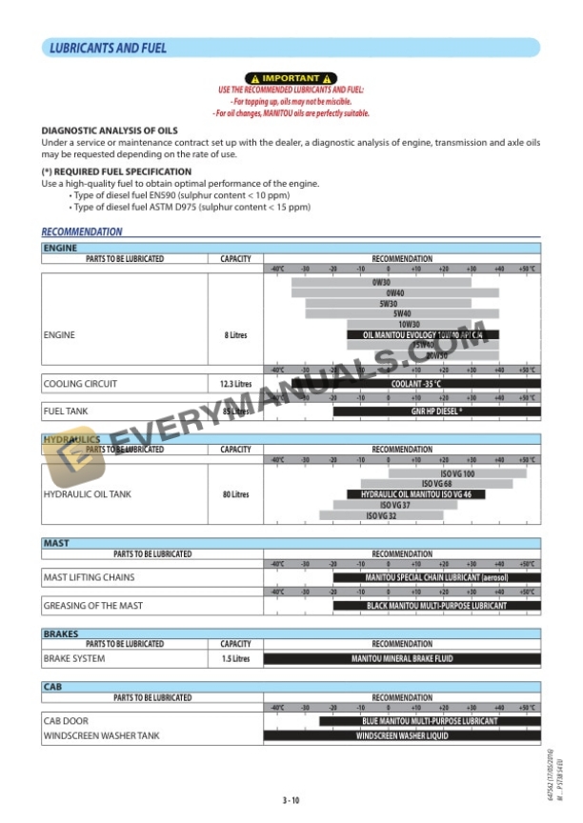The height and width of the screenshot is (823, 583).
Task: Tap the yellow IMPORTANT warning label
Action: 291,78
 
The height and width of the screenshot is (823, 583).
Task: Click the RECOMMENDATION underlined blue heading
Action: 82,231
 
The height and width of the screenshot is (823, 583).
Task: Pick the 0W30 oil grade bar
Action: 381,282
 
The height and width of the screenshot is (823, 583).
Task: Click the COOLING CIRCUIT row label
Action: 81,384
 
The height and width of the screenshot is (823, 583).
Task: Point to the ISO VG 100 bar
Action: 457,473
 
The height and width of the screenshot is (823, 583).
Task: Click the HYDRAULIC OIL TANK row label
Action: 88,494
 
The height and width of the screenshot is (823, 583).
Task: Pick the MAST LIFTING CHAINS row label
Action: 89,577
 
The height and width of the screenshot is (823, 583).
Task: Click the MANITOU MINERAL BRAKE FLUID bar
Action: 402,658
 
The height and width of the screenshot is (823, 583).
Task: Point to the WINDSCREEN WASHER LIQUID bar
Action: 402,735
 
